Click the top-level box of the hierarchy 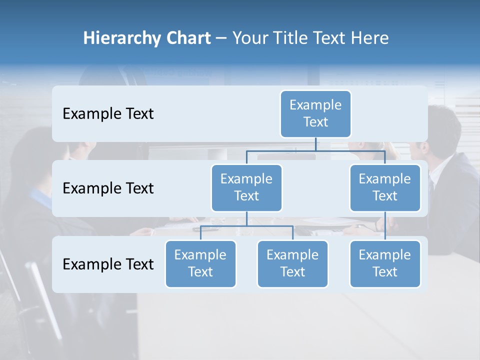coord(315,113)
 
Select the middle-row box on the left coord(246,187)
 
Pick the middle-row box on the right coord(385,187)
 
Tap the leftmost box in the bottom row coord(200,263)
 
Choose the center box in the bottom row coord(292,263)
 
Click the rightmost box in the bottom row coord(385,263)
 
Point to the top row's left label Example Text coord(108,113)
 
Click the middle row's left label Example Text coord(108,188)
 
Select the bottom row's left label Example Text coord(108,264)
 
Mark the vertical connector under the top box coord(315,144)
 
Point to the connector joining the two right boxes coord(385,226)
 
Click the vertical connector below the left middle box coord(246,218)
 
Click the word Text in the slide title coord(326,38)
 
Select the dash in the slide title coord(221,38)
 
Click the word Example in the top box coord(315,105)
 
